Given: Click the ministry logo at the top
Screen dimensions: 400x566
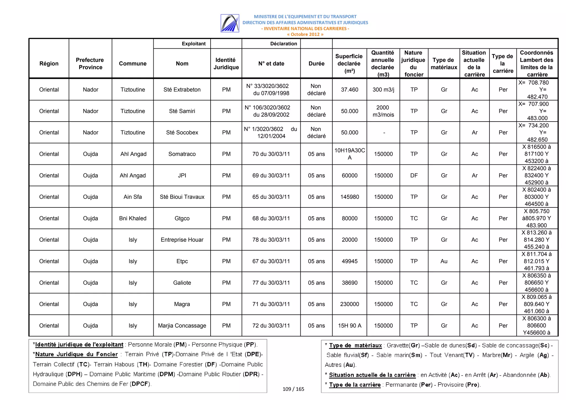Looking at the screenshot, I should click(x=230, y=23).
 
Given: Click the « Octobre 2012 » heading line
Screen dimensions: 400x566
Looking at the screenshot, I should click(x=305, y=35).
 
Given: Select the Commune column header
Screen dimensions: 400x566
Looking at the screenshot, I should click(x=133, y=64).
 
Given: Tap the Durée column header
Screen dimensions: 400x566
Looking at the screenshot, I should click(x=316, y=64).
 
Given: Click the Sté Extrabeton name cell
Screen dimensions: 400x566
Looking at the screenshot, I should click(x=182, y=90).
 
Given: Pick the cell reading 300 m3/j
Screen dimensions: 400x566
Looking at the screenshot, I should click(x=383, y=90).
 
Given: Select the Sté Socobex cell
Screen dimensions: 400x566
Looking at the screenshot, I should click(x=182, y=132).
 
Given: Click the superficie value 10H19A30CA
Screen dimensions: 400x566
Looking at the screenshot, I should click(x=349, y=154).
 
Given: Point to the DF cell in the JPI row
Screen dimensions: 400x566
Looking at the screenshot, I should click(x=414, y=175).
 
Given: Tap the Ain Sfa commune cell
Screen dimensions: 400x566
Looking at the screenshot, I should click(x=133, y=197).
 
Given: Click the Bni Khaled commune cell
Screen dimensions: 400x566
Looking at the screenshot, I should click(x=133, y=218).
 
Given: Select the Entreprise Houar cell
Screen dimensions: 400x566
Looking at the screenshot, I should click(x=182, y=240).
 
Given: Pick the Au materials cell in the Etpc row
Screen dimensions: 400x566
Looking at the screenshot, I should click(x=444, y=261).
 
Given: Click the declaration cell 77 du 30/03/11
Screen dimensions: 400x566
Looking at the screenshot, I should click(x=271, y=283).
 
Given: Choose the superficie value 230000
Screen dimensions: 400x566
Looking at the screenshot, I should click(x=349, y=304).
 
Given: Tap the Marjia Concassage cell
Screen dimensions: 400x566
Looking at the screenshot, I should click(x=182, y=325).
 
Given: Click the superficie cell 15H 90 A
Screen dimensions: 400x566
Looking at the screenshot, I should click(x=349, y=325).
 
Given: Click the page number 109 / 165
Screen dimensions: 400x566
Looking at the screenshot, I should click(x=293, y=389).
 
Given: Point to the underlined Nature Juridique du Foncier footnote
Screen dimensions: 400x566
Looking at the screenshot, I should click(x=76, y=354).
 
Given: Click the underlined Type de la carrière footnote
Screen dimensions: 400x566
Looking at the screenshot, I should click(x=355, y=385).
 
